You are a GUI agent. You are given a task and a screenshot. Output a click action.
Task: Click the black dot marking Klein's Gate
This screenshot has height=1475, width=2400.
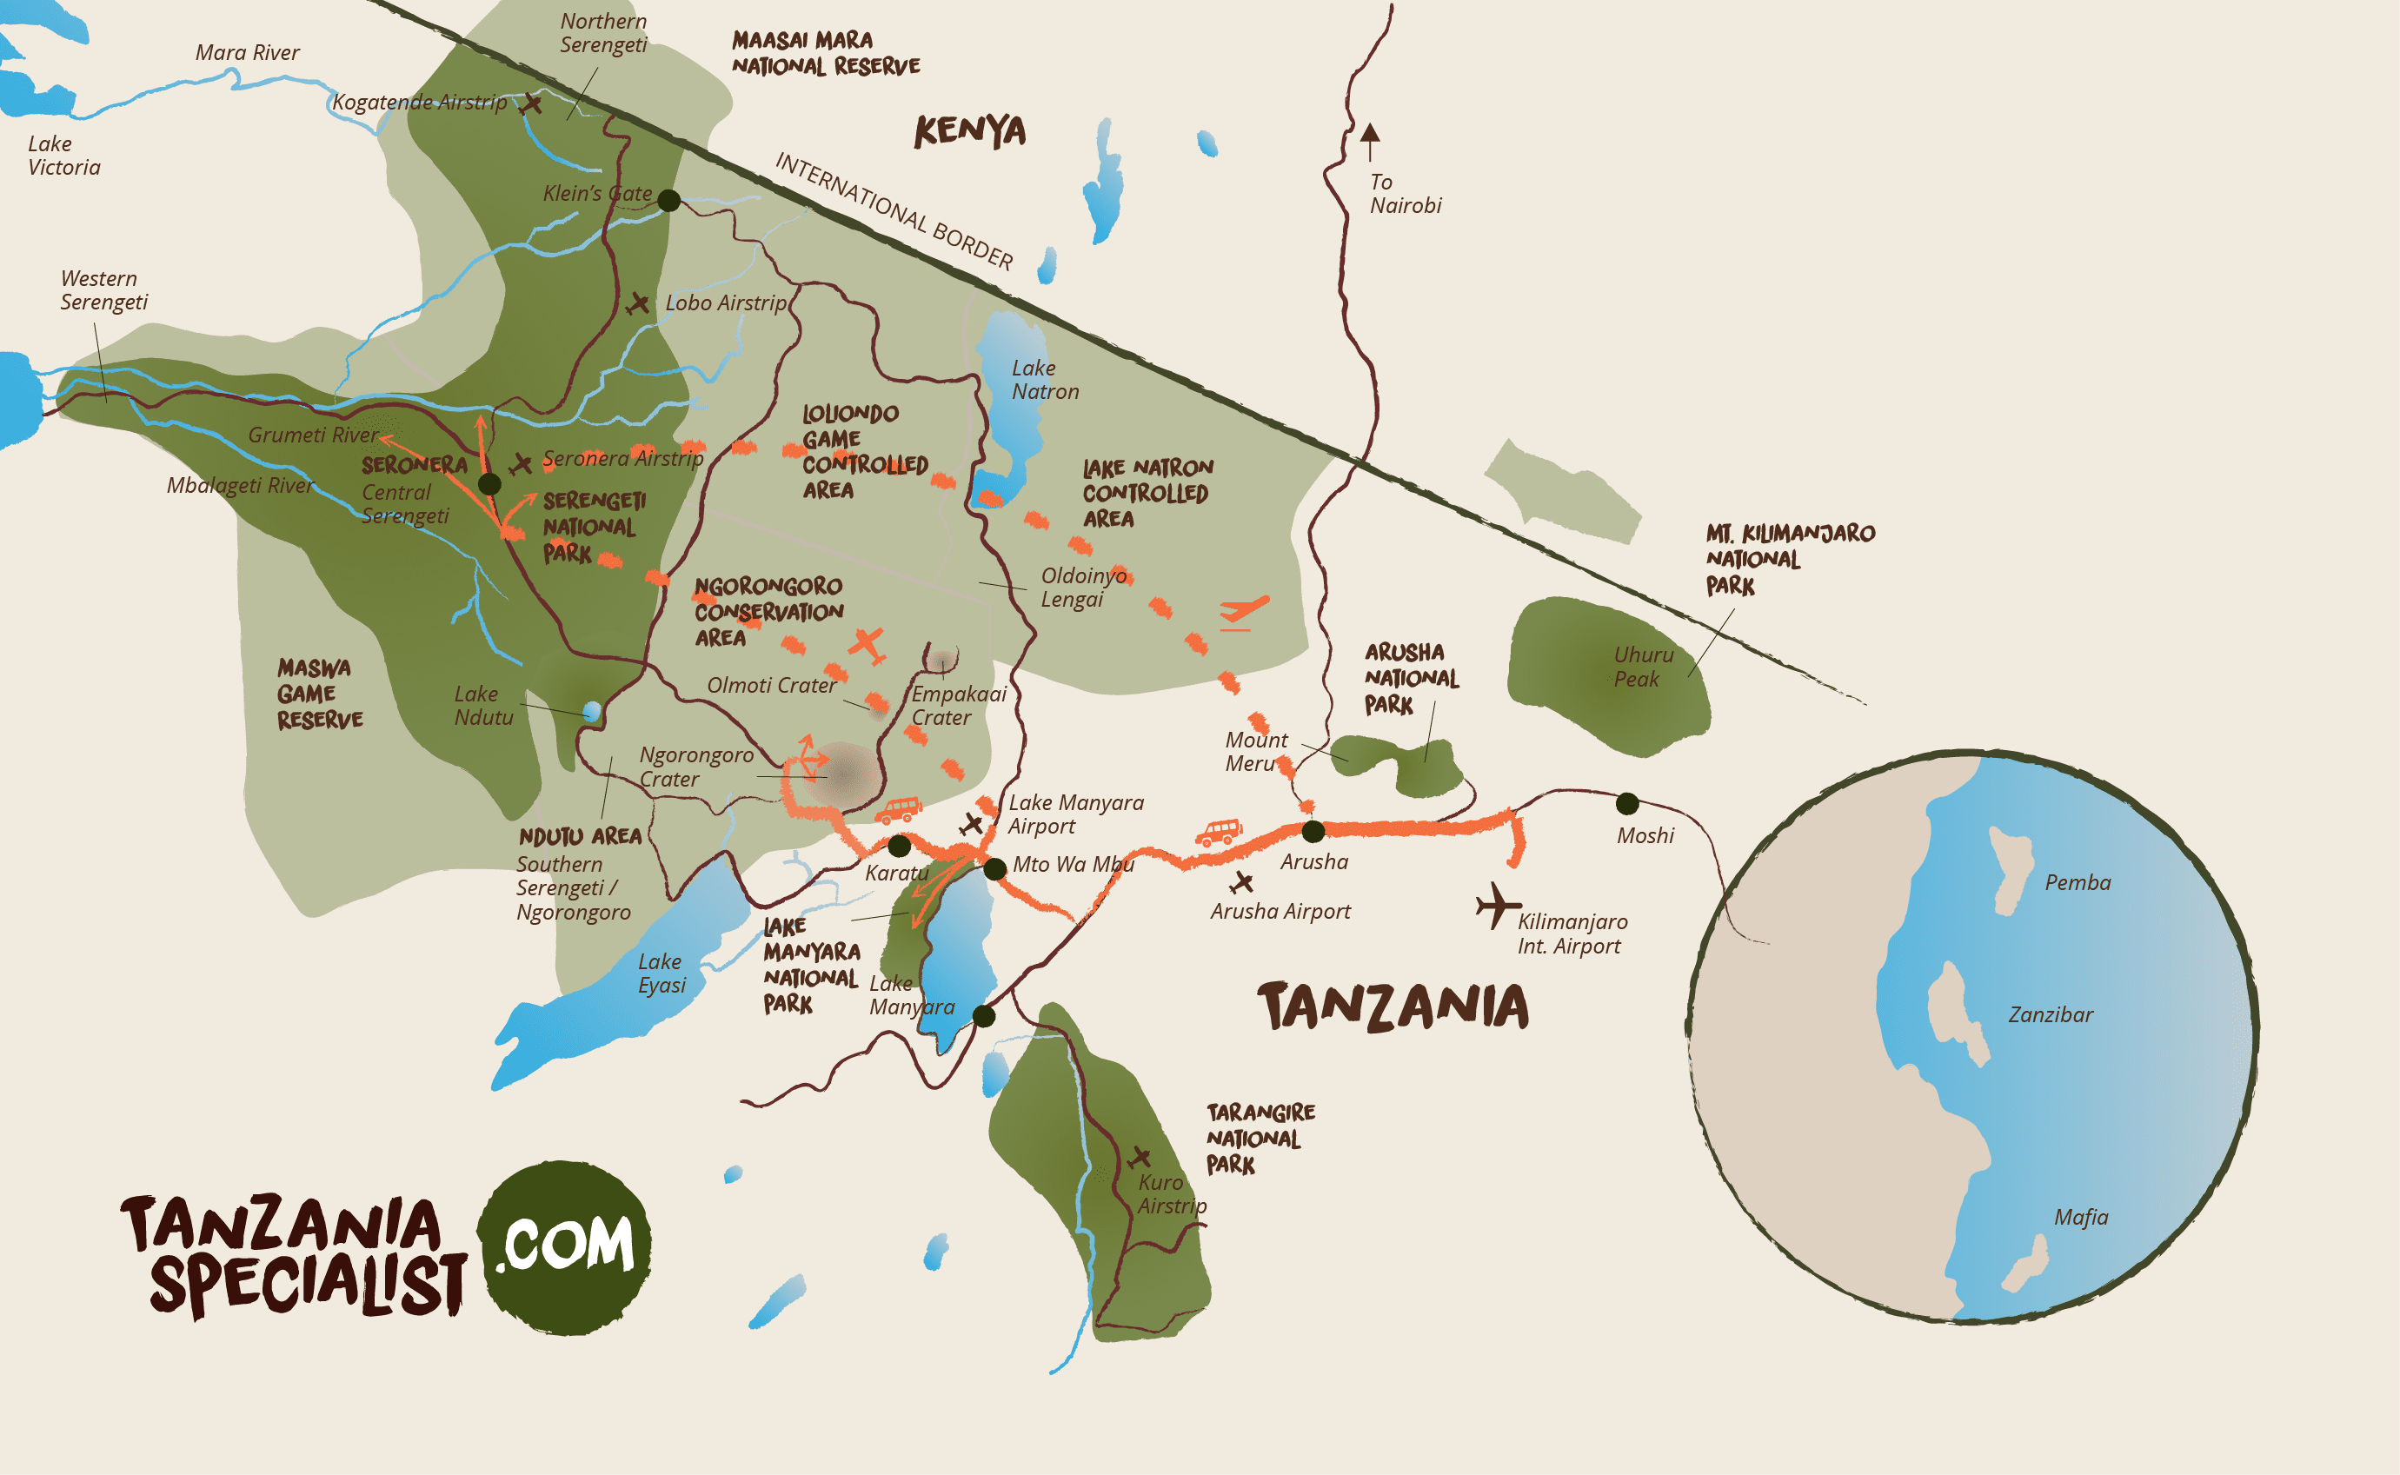coord(668,200)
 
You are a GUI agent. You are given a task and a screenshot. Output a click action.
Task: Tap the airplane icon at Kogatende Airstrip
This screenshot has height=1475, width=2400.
coord(532,103)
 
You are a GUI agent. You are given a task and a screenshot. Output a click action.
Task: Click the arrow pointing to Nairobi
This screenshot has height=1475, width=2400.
coord(1370,141)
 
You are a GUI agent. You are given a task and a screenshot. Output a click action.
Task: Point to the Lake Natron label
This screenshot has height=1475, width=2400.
coord(1044,380)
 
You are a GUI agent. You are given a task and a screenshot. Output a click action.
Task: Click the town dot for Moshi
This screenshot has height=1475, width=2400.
coord(1626,804)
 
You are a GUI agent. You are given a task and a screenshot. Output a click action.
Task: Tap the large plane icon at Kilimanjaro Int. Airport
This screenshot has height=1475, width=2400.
coord(1496,906)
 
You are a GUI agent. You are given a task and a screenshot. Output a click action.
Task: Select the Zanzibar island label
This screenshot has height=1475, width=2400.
coord(2050,1014)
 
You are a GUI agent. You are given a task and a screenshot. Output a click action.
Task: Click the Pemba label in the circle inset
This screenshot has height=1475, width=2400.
coord(2077,883)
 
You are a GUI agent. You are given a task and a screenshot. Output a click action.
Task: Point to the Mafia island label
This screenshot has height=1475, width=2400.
coord(2080,1218)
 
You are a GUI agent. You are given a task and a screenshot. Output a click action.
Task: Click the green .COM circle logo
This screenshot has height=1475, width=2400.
coord(565,1246)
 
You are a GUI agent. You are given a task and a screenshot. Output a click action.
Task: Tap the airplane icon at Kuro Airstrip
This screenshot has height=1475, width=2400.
coord(1139,1158)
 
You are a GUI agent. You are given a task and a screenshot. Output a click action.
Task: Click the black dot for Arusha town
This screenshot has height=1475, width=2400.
coord(1313,831)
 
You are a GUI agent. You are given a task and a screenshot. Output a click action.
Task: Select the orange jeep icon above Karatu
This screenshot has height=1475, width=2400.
coord(898,810)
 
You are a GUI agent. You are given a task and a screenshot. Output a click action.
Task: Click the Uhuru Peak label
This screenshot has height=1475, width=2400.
coord(1643,667)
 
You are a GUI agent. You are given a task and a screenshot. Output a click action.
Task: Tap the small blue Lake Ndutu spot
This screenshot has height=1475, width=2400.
coord(591,710)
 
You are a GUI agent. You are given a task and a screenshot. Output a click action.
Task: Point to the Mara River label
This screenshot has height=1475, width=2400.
coord(247,53)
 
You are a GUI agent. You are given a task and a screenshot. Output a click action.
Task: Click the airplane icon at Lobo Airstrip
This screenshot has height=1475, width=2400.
coord(638,304)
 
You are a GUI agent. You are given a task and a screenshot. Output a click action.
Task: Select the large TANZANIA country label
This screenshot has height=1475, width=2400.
coord(1393,1007)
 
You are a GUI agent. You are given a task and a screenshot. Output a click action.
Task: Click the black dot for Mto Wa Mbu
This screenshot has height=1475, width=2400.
coord(994,868)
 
